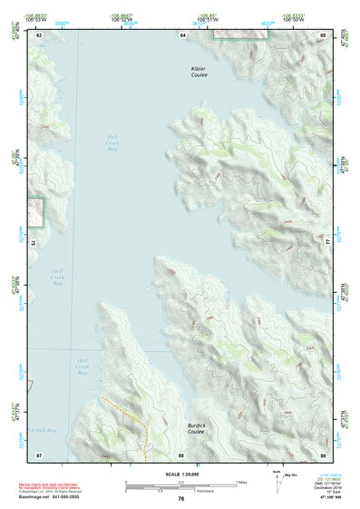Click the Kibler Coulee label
(199, 72)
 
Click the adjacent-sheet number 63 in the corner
(39, 34)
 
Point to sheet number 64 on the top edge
(182, 34)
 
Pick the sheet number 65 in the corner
(323, 34)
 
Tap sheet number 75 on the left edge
(34, 242)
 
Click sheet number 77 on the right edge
(327, 242)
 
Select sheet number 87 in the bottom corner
(39, 455)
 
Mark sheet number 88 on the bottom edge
(181, 455)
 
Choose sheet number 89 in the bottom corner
(323, 455)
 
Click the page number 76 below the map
(181, 498)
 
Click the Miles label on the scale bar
(240, 482)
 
